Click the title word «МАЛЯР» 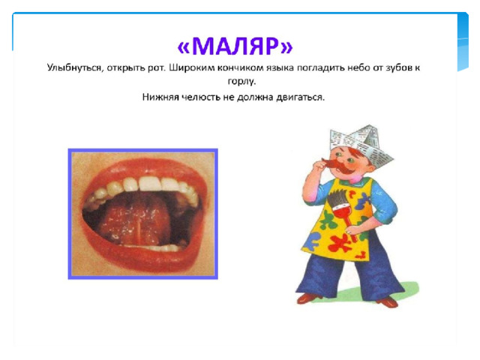pos(235,46)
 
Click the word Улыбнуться pos(73,67)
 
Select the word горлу pos(241,82)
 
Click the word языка pos(280,67)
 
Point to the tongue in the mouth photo pos(135,219)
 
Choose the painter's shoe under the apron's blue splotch pos(308,298)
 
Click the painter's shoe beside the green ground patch pos(387,301)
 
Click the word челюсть pos(202,97)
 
